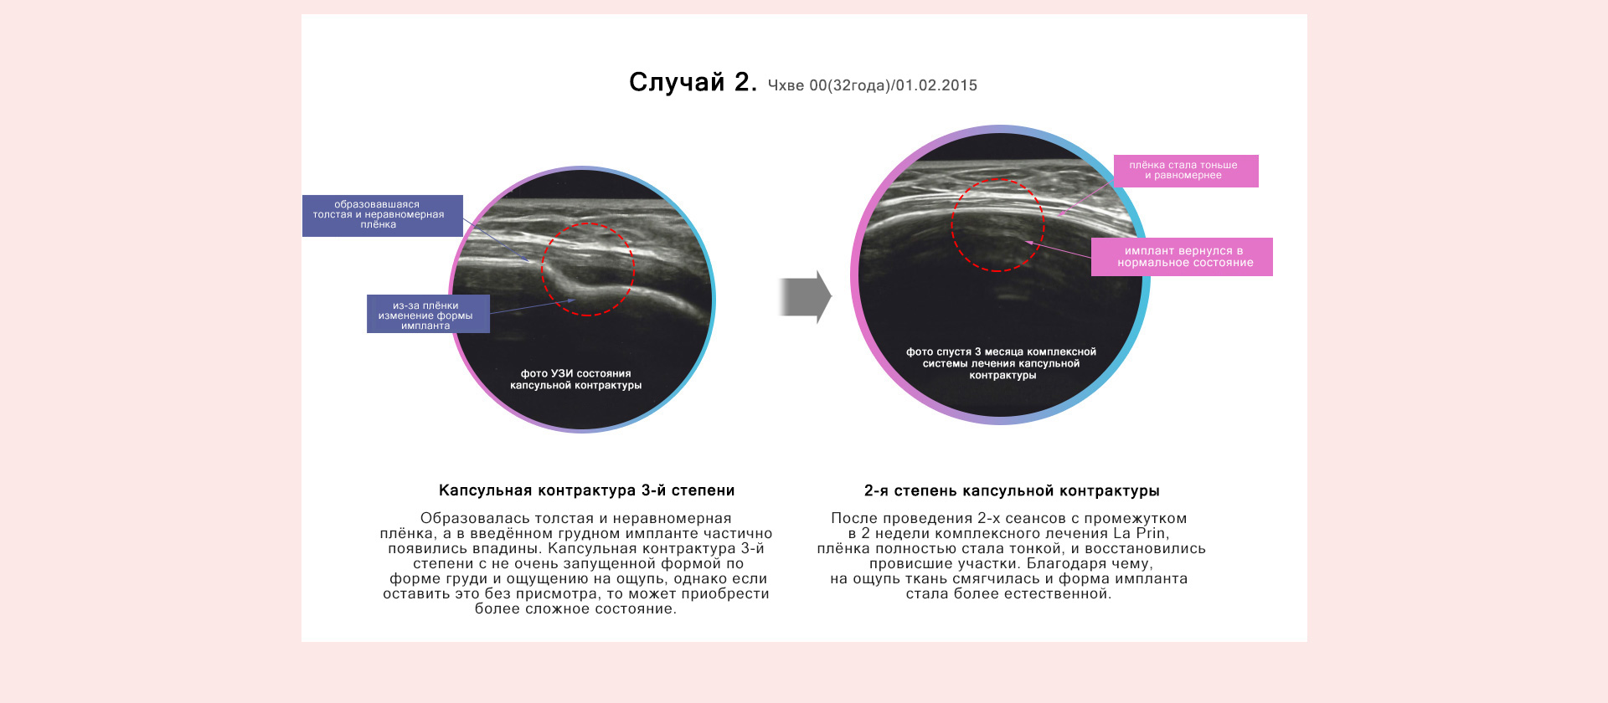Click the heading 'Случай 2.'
click(x=693, y=82)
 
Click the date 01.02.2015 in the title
click(x=936, y=85)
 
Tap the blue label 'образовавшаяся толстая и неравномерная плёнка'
click(x=383, y=215)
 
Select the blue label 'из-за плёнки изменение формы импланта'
click(x=428, y=315)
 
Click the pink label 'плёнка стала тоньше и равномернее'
click(x=1186, y=171)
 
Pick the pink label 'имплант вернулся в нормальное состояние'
click(x=1182, y=257)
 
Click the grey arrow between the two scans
click(x=805, y=297)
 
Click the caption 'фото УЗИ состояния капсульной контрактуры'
click(x=576, y=380)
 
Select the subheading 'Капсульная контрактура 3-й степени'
click(x=587, y=490)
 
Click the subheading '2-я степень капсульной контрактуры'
click(x=1012, y=491)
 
